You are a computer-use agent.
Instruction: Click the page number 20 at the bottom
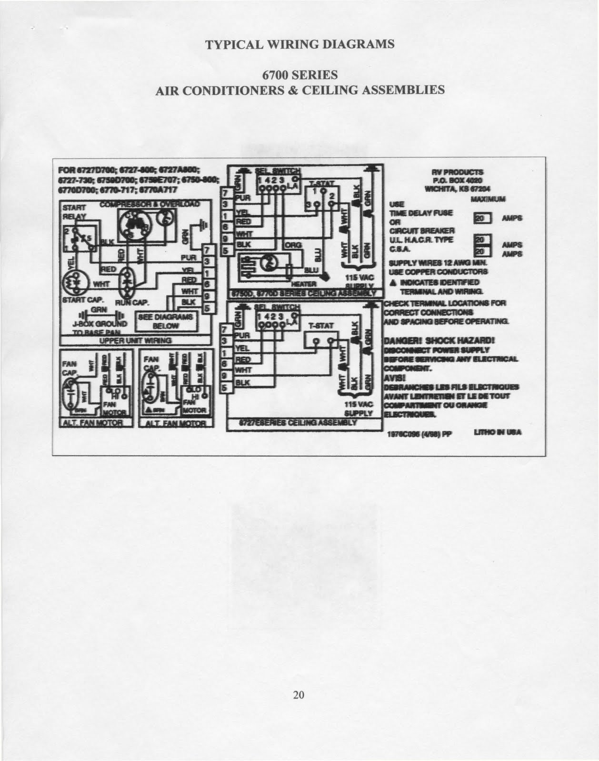[299, 695]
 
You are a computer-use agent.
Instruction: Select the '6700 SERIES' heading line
[300, 75]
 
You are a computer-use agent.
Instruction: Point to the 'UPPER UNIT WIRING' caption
[135, 341]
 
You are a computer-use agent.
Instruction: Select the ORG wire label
[291, 245]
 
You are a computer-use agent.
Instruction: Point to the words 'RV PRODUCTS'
[458, 172]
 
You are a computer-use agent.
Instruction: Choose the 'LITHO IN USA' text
[498, 432]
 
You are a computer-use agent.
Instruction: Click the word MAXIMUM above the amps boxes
[488, 198]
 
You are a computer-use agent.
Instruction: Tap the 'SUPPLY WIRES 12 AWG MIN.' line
[437, 263]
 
